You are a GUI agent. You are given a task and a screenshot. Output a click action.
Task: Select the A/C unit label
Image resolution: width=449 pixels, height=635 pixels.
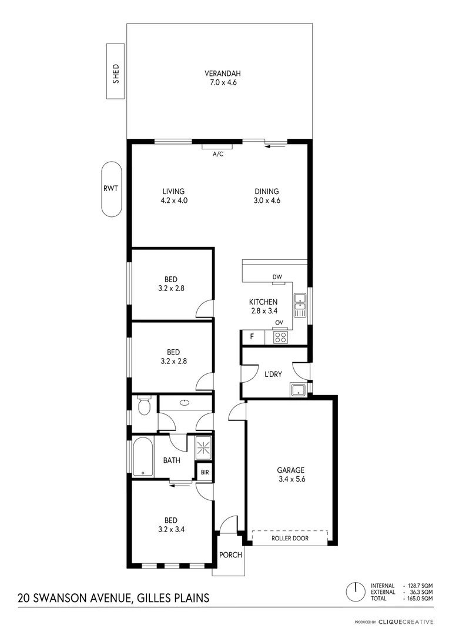(x=217, y=154)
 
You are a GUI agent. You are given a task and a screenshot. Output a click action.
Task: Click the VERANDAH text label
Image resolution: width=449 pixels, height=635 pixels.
(x=223, y=73)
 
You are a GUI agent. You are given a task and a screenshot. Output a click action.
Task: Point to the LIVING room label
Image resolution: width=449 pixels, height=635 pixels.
(x=173, y=191)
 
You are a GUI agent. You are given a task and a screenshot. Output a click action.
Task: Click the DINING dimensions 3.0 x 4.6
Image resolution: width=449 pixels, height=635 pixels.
(x=267, y=200)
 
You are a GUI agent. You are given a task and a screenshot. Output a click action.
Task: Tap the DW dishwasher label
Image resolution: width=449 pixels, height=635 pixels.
(x=277, y=277)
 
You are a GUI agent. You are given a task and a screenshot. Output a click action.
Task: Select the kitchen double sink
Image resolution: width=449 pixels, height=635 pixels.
(x=300, y=305)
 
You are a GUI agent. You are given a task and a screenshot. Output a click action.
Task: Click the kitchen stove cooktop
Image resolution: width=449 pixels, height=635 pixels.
(x=280, y=337)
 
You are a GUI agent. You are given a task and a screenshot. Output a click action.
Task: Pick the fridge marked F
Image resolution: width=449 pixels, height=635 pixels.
(x=252, y=337)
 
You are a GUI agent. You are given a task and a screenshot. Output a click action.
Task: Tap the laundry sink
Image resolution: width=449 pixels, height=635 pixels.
(x=297, y=389)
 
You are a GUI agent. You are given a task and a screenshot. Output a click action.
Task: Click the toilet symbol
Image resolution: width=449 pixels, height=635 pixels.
(x=142, y=406)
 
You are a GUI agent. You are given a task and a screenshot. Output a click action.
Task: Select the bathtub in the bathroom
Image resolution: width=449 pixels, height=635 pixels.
(x=142, y=457)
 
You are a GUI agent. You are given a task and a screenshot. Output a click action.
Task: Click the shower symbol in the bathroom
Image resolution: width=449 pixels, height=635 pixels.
(x=203, y=448)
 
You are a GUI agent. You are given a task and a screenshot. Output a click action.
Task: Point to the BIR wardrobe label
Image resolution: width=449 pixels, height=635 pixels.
(x=205, y=472)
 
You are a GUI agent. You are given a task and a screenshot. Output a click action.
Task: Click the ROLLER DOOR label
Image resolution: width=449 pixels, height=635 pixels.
(x=289, y=538)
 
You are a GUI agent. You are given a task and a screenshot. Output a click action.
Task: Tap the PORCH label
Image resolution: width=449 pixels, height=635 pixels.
(x=230, y=555)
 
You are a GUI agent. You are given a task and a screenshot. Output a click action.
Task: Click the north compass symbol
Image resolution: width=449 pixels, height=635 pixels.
(x=354, y=590)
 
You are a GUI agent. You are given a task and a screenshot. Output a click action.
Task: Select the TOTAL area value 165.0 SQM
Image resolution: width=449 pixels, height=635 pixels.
(x=420, y=598)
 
